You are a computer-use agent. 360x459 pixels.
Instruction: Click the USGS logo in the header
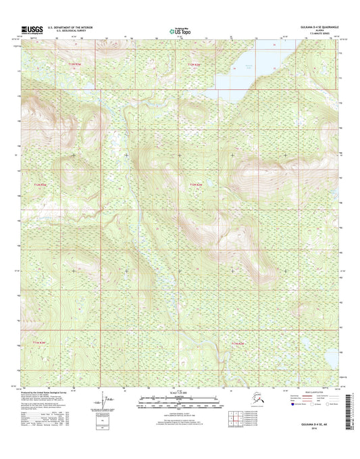click(x=33, y=30)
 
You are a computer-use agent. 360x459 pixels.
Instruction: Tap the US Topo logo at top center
click(x=180, y=30)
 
